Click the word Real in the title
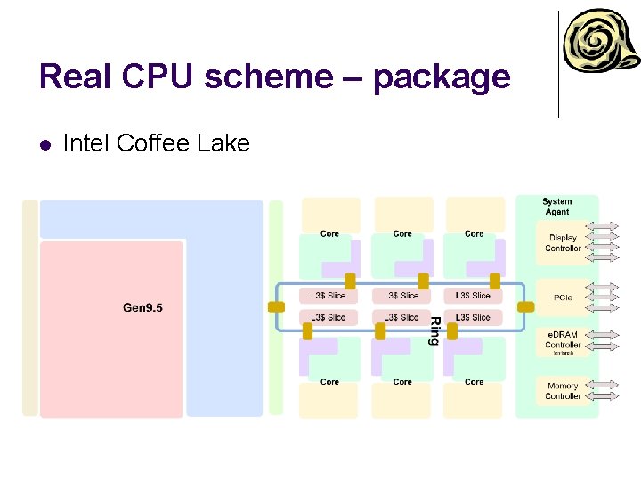point(73,77)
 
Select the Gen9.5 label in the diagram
point(142,308)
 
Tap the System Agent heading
point(556,207)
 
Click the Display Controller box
point(563,243)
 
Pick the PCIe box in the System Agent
point(563,298)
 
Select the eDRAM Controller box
point(563,339)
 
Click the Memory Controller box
point(563,391)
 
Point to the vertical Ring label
point(434,330)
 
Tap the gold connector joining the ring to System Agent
point(525,306)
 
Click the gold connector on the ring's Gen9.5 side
point(277,306)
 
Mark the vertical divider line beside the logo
point(558,64)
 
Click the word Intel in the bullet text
point(86,143)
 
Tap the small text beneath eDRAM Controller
point(563,353)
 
